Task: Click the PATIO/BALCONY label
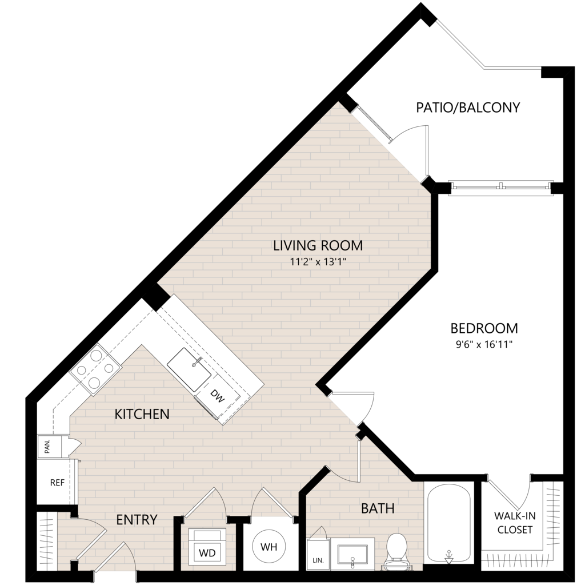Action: [x=468, y=108]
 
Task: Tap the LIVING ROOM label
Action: [x=318, y=245]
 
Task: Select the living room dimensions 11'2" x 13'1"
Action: [x=318, y=262]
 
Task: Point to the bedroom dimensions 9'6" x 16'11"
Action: [x=484, y=344]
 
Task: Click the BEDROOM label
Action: [x=484, y=328]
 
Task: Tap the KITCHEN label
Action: [x=142, y=414]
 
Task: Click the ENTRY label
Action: [x=137, y=519]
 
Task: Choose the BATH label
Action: [x=378, y=508]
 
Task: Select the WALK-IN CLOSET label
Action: [x=515, y=523]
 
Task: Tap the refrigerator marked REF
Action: [x=57, y=483]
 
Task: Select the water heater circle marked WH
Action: [x=269, y=547]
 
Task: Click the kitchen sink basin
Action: [x=189, y=369]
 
